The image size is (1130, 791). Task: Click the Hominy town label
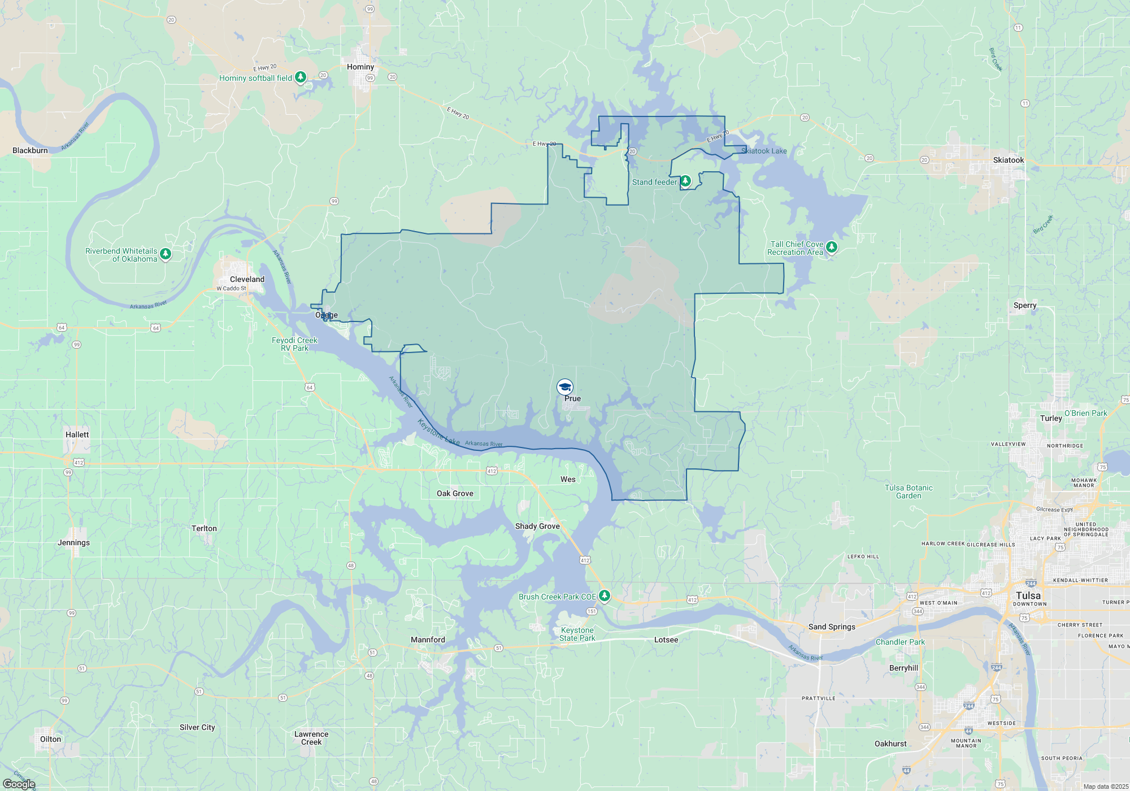coord(360,67)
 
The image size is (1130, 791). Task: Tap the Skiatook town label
coord(1009,160)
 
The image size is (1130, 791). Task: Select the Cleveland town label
coord(247,279)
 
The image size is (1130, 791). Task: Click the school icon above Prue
coord(565,386)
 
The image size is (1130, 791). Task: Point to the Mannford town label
coord(428,640)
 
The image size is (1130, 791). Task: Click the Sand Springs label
coord(832,627)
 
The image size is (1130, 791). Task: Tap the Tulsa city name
coord(1028,596)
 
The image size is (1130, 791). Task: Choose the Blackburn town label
coord(31,150)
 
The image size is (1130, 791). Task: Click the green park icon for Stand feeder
coord(685,181)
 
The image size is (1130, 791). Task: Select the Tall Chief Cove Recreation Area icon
coord(831,247)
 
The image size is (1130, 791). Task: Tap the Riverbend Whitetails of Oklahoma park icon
coord(166,254)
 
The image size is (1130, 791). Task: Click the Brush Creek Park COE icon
coord(605,596)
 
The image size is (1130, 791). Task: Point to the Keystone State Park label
coord(577,634)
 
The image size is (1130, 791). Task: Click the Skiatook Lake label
coord(764,151)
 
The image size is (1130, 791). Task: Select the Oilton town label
coord(50,739)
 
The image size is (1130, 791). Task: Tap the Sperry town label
coord(1025,305)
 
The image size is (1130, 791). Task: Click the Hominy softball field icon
coord(301,76)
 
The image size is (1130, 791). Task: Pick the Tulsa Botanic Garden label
coord(909,492)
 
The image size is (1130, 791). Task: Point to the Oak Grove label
coord(455,493)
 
